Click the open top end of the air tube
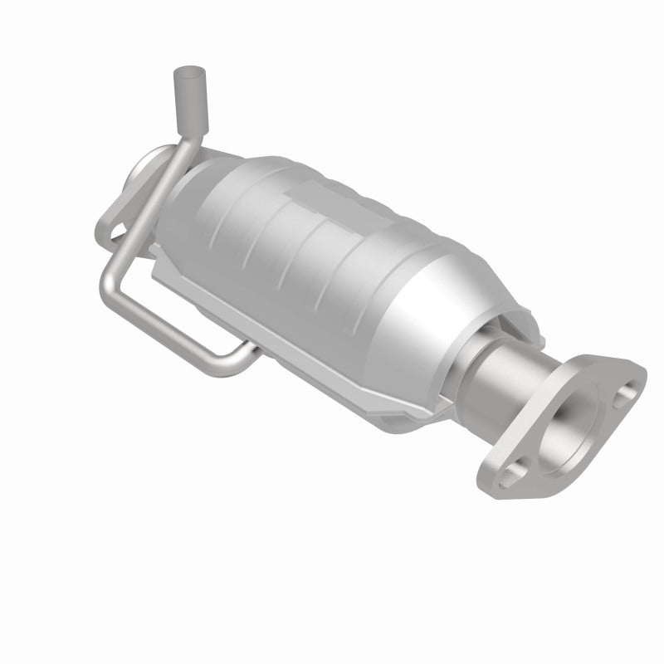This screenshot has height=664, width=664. click(182, 74)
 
